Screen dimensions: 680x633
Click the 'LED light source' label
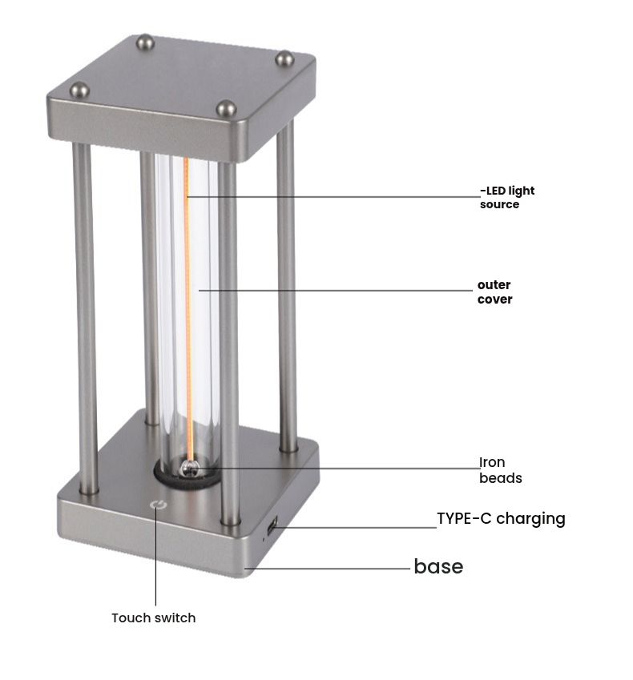click(x=507, y=198)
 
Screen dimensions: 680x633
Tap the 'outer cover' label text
click(x=494, y=292)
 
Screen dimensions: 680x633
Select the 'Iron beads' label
click(x=500, y=470)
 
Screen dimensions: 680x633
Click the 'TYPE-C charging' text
click(x=501, y=518)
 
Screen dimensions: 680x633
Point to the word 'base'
click(x=438, y=567)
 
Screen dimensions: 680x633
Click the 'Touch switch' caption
click(x=153, y=618)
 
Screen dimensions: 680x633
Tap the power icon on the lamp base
click(x=157, y=505)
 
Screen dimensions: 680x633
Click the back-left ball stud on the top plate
click(x=145, y=41)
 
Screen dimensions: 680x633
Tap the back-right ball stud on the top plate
click(x=284, y=58)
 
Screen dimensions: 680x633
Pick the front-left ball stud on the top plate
click(x=80, y=90)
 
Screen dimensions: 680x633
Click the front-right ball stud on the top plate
click(x=226, y=108)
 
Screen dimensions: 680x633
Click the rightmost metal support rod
click(x=287, y=288)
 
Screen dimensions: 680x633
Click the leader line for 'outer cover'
click(x=337, y=291)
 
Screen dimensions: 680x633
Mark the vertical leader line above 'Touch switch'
click(x=155, y=561)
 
